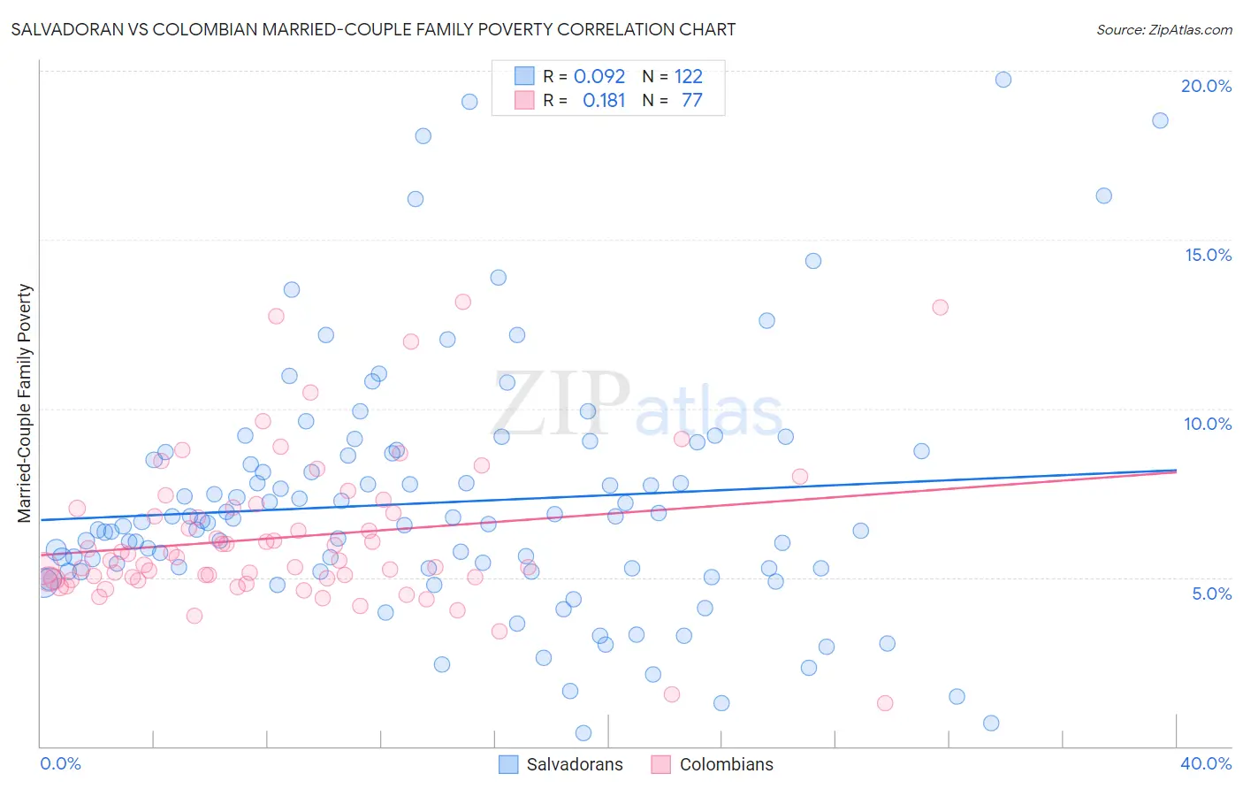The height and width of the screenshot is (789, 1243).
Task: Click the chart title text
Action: pos(373,29)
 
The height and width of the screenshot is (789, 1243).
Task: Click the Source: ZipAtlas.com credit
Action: pos(1163,30)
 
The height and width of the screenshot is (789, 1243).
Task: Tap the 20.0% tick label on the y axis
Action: pos(1206,86)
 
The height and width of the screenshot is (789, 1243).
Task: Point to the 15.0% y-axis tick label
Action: pos(1208,255)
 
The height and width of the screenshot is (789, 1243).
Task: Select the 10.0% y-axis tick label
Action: pos(1208,424)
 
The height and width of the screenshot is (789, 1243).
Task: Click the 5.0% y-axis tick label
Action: pos(1211,594)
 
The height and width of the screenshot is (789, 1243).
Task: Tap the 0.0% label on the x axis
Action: pos(60,763)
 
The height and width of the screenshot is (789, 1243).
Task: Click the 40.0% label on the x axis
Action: pos(1206,763)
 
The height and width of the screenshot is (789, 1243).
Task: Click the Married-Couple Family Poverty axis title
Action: pos(25,403)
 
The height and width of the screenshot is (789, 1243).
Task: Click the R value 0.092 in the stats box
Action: pos(599,77)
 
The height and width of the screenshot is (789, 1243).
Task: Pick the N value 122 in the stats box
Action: pos(688,77)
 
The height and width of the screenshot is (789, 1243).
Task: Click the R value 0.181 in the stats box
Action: pos(604,101)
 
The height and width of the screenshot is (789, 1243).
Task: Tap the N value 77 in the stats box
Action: pos(691,101)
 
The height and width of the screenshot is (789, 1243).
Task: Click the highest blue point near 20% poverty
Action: pos(1003,80)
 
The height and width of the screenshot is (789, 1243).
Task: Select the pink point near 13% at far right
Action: pos(940,307)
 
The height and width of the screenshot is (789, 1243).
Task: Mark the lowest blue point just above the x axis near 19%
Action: pos(583,732)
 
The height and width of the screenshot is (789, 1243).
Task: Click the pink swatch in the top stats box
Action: pos(524,100)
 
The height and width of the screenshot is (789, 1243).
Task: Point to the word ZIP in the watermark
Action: pos(560,404)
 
